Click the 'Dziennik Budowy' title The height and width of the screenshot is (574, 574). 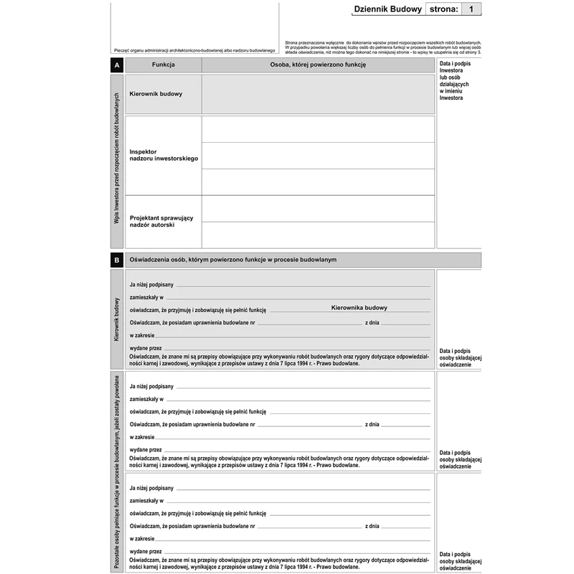pyautogui.click(x=388, y=9)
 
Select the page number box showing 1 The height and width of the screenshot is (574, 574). pyautogui.click(x=470, y=9)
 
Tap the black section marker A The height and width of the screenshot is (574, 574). pyautogui.click(x=117, y=65)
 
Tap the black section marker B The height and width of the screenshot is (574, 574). pyautogui.click(x=117, y=260)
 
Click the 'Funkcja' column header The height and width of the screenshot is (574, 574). pyautogui.click(x=164, y=65)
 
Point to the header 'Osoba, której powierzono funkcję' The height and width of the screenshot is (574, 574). pyautogui.click(x=318, y=65)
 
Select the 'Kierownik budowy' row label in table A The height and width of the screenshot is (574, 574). pyautogui.click(x=156, y=94)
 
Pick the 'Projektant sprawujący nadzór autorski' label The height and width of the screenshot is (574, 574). pyautogui.click(x=161, y=222)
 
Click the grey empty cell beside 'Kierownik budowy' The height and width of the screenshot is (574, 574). pyautogui.click(x=318, y=94)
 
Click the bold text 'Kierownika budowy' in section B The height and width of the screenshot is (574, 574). pyautogui.click(x=359, y=308)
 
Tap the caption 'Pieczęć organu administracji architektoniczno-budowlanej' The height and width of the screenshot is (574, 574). pyautogui.click(x=194, y=50)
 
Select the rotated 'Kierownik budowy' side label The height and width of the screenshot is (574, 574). pyautogui.click(x=117, y=320)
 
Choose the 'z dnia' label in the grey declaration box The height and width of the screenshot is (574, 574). pyautogui.click(x=372, y=323)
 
